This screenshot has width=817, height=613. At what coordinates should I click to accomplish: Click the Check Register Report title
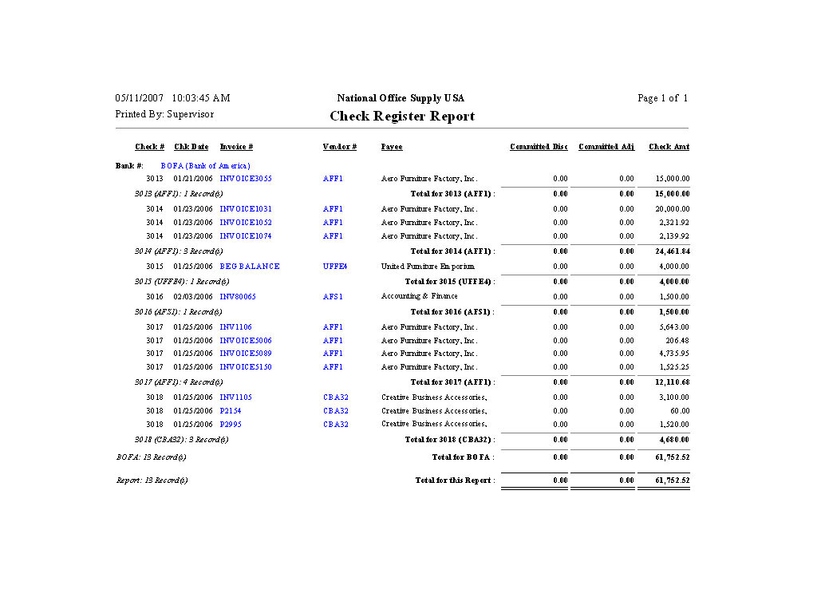click(402, 117)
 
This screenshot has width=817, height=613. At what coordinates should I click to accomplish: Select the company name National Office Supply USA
click(401, 98)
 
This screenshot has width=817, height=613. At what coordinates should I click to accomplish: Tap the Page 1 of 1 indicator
click(662, 98)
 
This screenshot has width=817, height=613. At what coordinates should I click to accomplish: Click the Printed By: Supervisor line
click(164, 114)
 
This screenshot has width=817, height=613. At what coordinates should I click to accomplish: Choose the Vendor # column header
click(339, 147)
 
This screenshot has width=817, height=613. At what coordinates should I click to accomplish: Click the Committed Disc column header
click(539, 147)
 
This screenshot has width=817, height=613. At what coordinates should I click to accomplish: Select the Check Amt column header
click(669, 147)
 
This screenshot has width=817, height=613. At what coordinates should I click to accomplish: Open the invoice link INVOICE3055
click(246, 179)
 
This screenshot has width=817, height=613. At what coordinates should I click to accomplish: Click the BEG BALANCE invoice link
click(250, 267)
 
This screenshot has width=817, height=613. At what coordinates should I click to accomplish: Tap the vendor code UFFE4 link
click(335, 267)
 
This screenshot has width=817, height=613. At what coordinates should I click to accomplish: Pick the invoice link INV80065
click(238, 297)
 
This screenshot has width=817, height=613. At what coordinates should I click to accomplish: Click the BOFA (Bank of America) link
click(205, 166)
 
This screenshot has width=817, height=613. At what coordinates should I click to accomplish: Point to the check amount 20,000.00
click(673, 209)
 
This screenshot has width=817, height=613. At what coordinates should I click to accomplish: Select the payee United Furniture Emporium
click(428, 267)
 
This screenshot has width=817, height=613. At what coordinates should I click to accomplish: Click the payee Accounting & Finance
click(420, 297)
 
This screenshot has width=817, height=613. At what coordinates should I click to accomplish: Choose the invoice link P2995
click(231, 425)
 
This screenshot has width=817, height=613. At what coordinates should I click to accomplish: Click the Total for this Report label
click(455, 481)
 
